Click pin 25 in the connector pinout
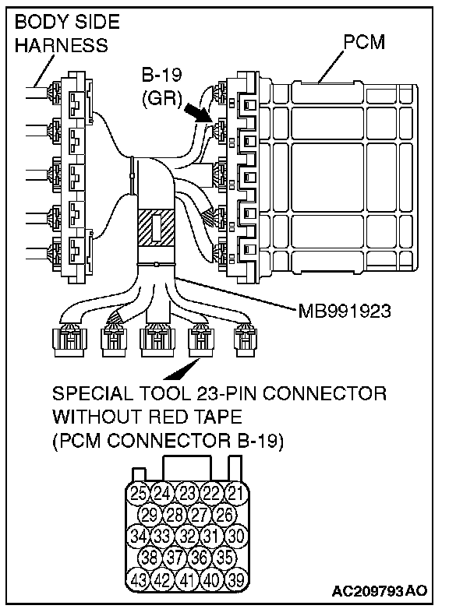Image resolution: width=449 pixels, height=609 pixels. [139, 493]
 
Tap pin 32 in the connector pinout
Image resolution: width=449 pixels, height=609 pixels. [187, 536]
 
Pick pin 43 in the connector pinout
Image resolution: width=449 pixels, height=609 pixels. [139, 580]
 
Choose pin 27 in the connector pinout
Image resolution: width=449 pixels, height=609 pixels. [199, 515]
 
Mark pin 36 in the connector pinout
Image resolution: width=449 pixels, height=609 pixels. [199, 558]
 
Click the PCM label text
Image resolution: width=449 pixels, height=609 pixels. [364, 42]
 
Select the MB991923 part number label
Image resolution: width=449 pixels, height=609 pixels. [344, 311]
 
